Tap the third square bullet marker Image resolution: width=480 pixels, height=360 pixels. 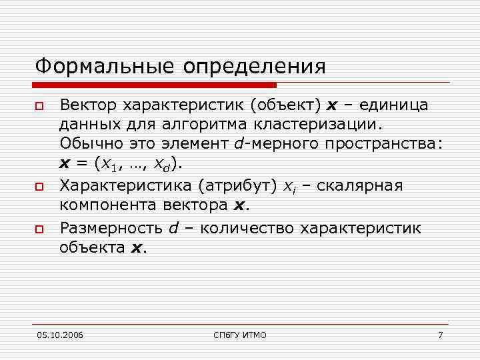click(39, 229)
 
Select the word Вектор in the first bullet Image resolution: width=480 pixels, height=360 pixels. click(90, 105)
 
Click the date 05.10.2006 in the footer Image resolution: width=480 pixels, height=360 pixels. click(61, 335)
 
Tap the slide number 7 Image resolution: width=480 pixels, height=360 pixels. click(440, 335)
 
